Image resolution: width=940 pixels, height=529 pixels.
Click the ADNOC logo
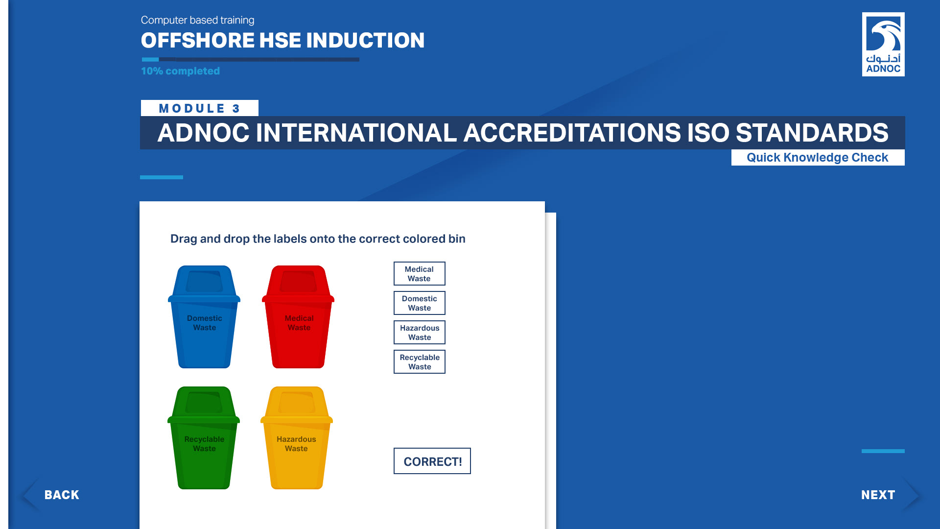[x=883, y=44]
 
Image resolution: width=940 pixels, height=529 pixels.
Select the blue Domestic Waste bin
[x=204, y=316]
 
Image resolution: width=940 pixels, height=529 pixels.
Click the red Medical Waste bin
[x=298, y=316]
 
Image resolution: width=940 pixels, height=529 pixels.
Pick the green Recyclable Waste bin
[x=204, y=437]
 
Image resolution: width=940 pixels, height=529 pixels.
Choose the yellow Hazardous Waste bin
[x=297, y=437]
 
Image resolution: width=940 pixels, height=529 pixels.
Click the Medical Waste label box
[x=420, y=273]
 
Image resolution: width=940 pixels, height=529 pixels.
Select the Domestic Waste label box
[x=420, y=303]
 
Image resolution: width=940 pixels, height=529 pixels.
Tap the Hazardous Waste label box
[x=420, y=332]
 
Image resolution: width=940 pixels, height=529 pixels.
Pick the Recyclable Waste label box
[x=420, y=361]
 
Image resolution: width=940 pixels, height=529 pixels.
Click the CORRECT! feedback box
[x=432, y=461]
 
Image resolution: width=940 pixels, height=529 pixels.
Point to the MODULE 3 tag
[x=200, y=108]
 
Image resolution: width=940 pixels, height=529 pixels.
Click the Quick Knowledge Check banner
[x=818, y=157]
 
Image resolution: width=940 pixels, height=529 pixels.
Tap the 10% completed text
[x=180, y=71]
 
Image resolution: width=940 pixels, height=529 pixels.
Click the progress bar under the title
[x=250, y=60]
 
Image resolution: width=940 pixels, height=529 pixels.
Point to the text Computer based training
[x=197, y=20]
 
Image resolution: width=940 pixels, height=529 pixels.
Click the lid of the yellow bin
[x=297, y=405]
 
